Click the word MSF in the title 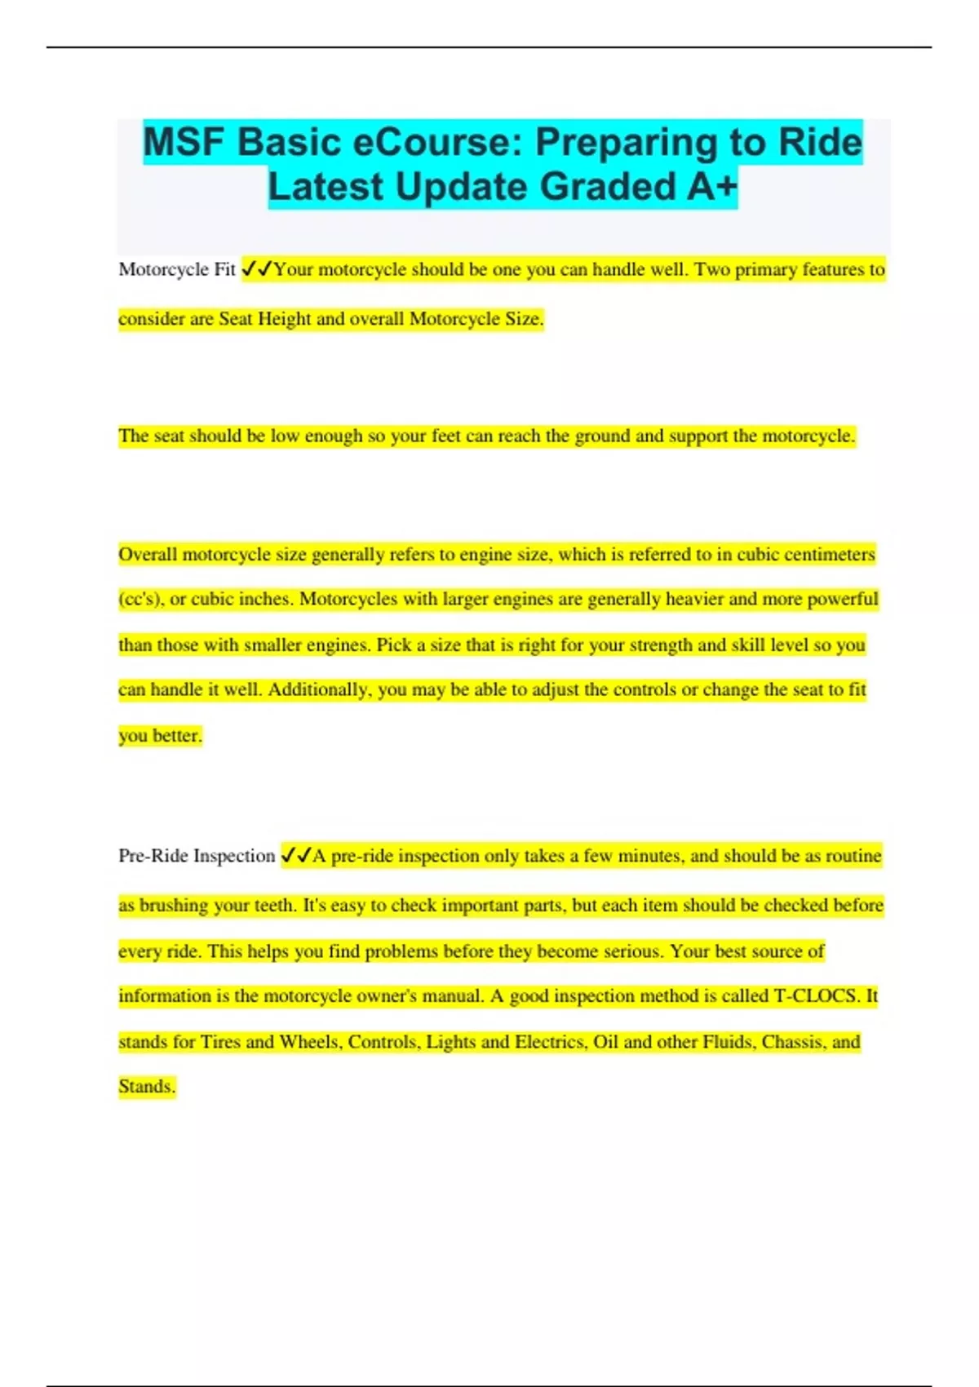(x=185, y=143)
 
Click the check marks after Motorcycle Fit (x=258, y=269)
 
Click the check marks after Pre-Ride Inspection (x=296, y=856)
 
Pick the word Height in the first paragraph (x=285, y=319)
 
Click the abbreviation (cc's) (x=140, y=600)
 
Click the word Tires (x=220, y=1042)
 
